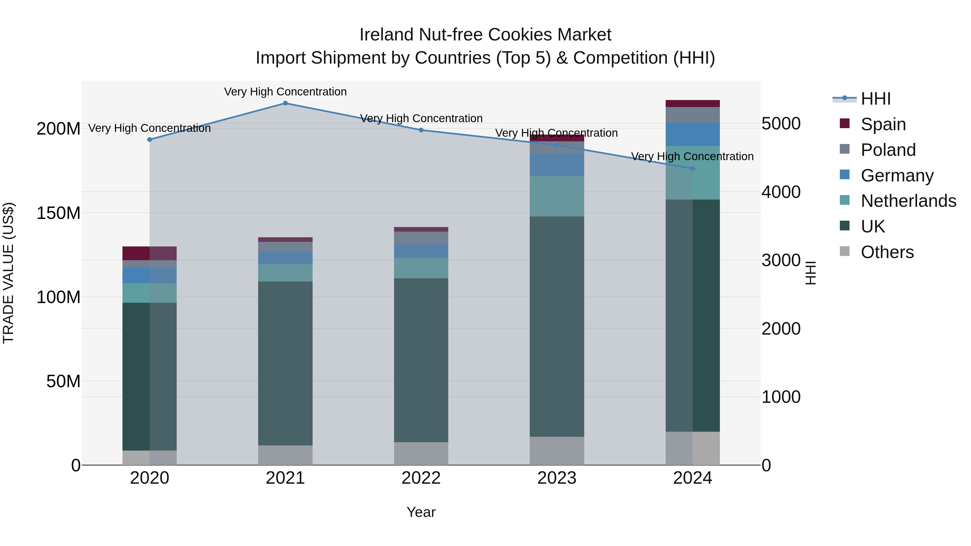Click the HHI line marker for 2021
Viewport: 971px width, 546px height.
285,103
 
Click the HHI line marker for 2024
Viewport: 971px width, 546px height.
692,169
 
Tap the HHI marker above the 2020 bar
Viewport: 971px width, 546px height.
150,139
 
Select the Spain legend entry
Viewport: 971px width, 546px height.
883,124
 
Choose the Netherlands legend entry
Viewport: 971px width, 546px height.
908,201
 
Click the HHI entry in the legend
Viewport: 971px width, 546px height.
876,99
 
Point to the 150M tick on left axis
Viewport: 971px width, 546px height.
59,213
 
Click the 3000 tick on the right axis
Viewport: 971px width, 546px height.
781,260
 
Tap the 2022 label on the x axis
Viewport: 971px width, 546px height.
421,478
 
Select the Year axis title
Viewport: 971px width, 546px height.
421,512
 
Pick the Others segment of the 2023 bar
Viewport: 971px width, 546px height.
557,451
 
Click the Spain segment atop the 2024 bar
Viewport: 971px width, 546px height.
692,104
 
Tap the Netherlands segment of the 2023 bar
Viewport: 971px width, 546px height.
557,196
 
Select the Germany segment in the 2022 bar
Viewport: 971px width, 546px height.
421,250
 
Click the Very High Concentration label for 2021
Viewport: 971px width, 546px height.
285,92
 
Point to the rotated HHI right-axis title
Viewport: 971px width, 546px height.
811,273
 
